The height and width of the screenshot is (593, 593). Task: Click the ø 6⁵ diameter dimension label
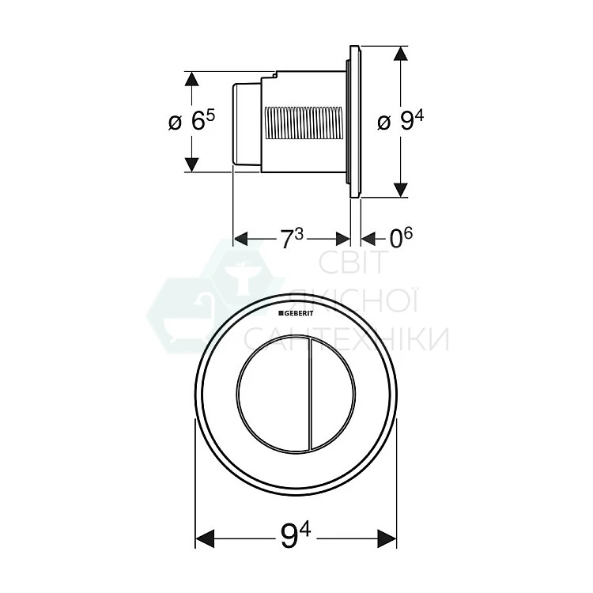(191, 121)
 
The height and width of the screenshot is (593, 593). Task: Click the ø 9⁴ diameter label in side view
(401, 121)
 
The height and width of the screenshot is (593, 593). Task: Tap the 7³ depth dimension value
(291, 239)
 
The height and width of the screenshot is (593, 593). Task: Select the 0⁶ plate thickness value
(401, 238)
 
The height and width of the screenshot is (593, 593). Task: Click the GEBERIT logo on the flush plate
(296, 313)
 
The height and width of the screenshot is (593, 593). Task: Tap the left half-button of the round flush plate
(273, 394)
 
